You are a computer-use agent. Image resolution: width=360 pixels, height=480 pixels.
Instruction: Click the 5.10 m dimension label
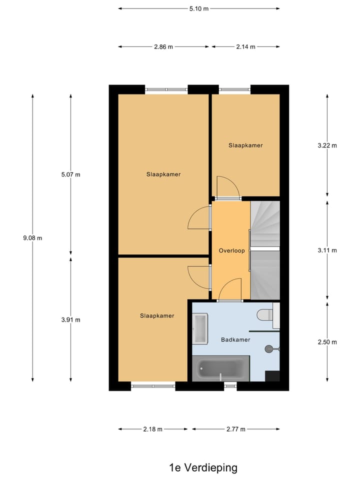pyautogui.click(x=199, y=8)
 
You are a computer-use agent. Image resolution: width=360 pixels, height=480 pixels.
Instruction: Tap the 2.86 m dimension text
pyautogui.click(x=163, y=47)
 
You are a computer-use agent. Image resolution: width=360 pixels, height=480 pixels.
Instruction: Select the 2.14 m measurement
pyautogui.click(x=245, y=47)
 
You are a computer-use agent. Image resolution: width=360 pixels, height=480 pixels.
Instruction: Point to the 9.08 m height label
pyautogui.click(x=32, y=238)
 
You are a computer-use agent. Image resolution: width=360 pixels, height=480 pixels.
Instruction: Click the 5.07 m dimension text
pyautogui.click(x=70, y=174)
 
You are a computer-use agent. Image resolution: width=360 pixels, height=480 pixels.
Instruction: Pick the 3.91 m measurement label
pyautogui.click(x=70, y=320)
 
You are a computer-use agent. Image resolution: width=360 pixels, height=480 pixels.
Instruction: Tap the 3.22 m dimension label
pyautogui.click(x=327, y=146)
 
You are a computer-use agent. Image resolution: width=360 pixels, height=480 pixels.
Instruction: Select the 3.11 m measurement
pyautogui.click(x=327, y=250)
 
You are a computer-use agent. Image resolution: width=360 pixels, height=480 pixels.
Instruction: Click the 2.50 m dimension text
pyautogui.click(x=327, y=342)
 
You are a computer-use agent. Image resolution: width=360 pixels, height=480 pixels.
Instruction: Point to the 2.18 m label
pyautogui.click(x=153, y=429)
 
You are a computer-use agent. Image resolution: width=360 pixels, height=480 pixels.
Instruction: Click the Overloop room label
pyautogui.click(x=232, y=250)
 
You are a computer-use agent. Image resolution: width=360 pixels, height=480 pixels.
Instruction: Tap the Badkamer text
pyautogui.click(x=235, y=339)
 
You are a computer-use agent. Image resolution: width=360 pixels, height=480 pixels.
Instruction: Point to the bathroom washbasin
pyautogui.click(x=200, y=329)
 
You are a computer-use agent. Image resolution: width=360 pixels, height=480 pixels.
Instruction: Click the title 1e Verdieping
pyautogui.click(x=203, y=468)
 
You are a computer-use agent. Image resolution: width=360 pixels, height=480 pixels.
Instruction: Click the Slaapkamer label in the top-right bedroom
pyautogui.click(x=245, y=145)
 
